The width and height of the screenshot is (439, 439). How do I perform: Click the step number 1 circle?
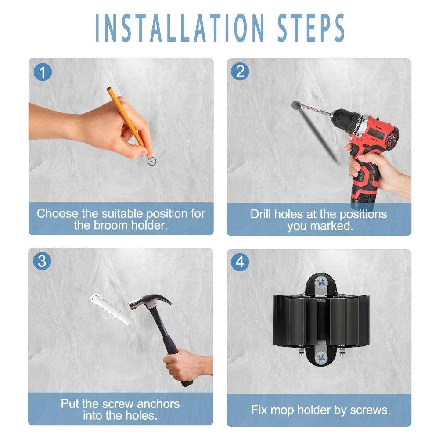click(x=42, y=72)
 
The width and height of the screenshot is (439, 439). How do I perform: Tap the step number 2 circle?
click(x=240, y=71)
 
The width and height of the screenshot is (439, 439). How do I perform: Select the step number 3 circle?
click(x=42, y=262)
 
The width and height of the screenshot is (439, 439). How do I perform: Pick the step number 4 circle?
click(x=240, y=262)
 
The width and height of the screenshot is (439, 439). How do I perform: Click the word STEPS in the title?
click(x=312, y=29)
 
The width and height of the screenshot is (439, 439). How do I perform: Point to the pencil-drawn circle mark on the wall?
click(x=152, y=161)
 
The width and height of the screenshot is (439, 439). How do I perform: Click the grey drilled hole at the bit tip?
click(x=296, y=105)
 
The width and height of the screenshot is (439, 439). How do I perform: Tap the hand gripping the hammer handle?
click(x=183, y=364)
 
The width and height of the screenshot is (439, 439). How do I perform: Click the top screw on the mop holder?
click(x=321, y=282)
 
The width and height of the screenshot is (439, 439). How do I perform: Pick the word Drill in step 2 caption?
click(x=261, y=214)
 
